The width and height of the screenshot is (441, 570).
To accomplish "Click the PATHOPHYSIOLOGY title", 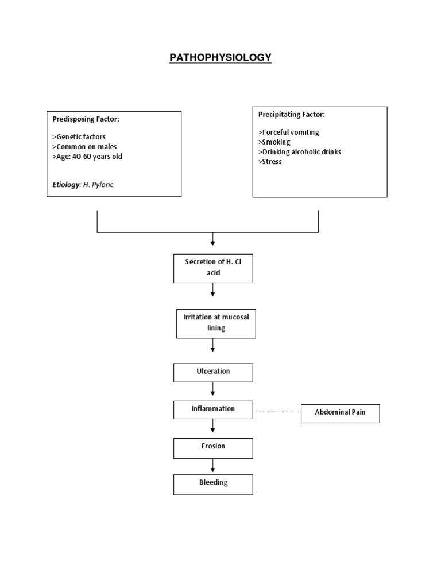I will point(220,58).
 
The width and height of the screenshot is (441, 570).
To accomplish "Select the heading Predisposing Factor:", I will point(86,119).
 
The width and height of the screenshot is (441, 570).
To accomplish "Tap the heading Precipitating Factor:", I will point(292,115).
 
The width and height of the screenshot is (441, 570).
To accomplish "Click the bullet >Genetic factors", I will point(79,137).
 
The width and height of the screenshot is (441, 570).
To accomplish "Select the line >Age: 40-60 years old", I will point(87,157).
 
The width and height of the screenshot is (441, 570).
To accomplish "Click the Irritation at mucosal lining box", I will point(215,323).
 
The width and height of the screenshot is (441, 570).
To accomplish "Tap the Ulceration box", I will point(213,372).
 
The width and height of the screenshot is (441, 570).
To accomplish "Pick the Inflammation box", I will point(213,409).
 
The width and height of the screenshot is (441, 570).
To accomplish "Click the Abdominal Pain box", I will point(340,413).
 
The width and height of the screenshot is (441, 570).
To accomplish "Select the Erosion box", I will point(213,447).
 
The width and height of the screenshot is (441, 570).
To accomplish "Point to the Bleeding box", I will point(213,484).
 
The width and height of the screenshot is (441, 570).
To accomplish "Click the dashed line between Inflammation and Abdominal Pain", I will point(277,412).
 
